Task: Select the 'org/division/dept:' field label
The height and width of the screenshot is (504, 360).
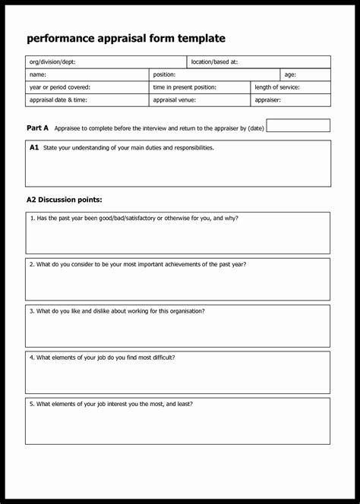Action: click(x=52, y=62)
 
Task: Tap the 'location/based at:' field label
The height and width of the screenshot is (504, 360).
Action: click(x=214, y=62)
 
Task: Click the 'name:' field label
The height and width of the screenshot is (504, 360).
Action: click(x=38, y=74)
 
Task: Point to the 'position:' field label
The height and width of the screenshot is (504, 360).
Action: click(x=164, y=74)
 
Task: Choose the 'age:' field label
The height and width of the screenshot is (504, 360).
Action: click(x=290, y=74)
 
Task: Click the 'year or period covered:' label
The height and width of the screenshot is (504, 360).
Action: click(x=59, y=87)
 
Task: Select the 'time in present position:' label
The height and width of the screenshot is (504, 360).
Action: click(x=185, y=87)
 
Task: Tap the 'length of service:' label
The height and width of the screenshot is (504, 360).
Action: click(x=277, y=87)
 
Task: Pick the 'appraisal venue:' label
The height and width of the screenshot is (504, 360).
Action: click(x=175, y=99)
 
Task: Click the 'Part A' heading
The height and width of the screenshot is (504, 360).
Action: click(x=37, y=128)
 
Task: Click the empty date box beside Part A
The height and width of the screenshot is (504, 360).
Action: click(x=298, y=126)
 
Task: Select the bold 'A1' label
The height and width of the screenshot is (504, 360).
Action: click(x=34, y=148)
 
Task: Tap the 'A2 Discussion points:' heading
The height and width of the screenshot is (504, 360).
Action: click(x=64, y=200)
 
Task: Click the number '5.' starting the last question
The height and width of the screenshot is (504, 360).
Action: click(x=32, y=404)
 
